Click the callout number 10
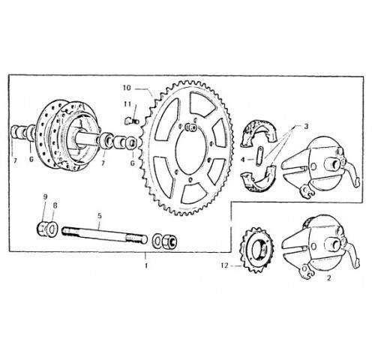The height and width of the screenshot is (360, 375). coord(127,88)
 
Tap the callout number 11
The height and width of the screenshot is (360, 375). coord(127,104)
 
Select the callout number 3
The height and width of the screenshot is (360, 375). coord(306,127)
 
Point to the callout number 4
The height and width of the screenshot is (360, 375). coord(243,160)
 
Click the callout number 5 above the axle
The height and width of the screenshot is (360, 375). coord(100,216)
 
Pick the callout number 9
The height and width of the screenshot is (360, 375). coord(45,196)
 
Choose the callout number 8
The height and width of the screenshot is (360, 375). coord(55,205)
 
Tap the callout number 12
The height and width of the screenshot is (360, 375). coord(225,265)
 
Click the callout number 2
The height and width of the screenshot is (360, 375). coord(329,277)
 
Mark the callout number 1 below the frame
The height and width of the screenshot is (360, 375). coord(146,265)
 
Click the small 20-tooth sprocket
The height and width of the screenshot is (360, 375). coord(256,250)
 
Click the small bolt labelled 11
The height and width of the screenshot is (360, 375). coord(131,121)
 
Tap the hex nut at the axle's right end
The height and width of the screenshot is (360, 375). coord(169,241)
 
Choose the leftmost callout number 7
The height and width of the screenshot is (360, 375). coord(15,161)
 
